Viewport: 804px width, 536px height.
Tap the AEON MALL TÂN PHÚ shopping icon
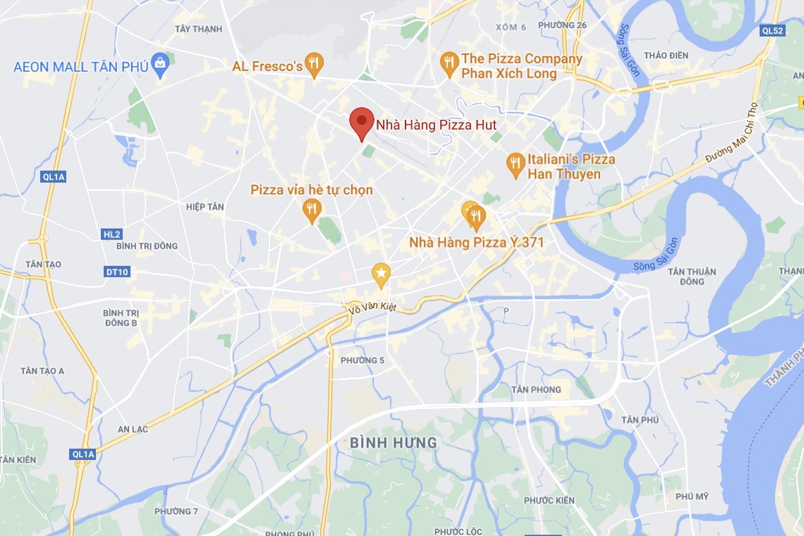tap(160, 63)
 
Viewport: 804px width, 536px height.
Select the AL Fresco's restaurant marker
tap(314, 63)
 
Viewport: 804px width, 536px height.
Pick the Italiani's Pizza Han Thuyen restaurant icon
tap(515, 164)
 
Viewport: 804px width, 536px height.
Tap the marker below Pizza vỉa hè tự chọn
tap(312, 209)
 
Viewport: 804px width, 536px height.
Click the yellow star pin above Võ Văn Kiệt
tap(381, 274)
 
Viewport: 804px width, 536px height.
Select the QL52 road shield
tap(772, 31)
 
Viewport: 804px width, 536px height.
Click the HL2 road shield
tap(112, 235)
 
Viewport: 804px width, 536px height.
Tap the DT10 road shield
tap(117, 272)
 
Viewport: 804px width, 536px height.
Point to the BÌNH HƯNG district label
tap(394, 443)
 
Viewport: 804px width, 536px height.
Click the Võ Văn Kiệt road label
tap(372, 308)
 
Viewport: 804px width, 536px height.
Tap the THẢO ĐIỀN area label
tap(666, 55)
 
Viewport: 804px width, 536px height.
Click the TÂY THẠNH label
tap(198, 29)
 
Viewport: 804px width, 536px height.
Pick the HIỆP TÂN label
tap(205, 207)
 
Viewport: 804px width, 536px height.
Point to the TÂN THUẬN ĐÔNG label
tap(692, 277)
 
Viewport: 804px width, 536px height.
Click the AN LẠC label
tap(133, 429)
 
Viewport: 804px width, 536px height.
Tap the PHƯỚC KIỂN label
tap(549, 501)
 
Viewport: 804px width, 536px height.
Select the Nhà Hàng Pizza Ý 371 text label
tap(476, 243)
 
